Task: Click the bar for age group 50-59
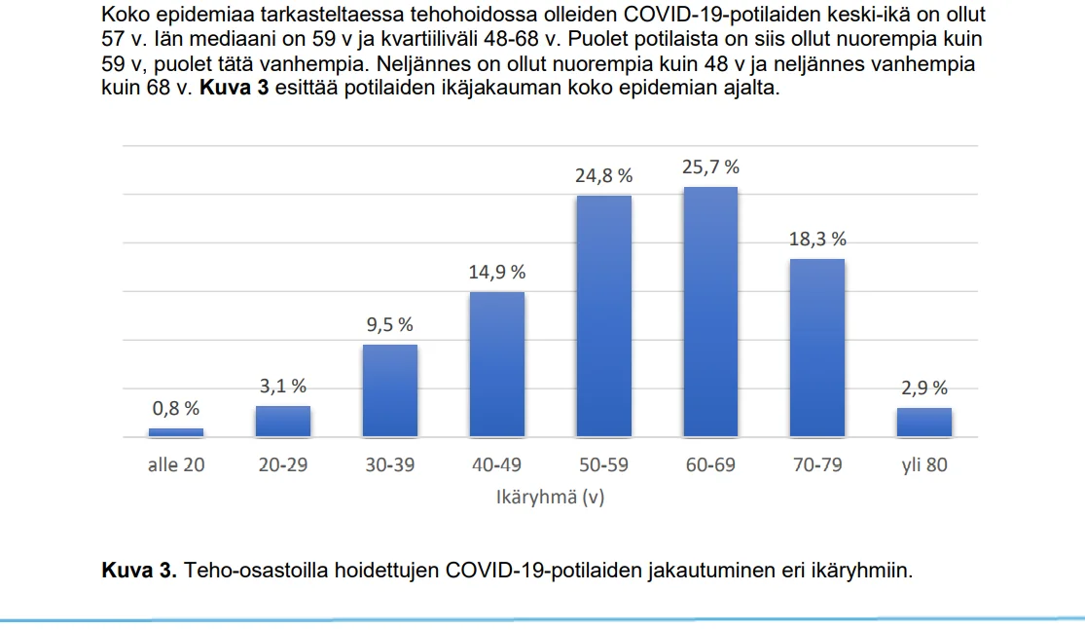coord(603,316)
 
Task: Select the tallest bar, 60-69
coord(710,312)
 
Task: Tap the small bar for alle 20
coord(176,432)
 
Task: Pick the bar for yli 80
coord(924,423)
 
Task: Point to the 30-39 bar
coord(390,390)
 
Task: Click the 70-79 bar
coord(817,348)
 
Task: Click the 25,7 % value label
coord(710,167)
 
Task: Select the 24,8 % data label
coord(603,176)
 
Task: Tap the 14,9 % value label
coord(497,273)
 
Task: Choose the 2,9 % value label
coord(924,388)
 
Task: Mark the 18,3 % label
coord(817,240)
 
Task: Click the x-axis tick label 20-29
coord(283,465)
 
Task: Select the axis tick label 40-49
coord(497,465)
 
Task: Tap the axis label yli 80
coord(924,465)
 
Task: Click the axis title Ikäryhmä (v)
coord(550,497)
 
